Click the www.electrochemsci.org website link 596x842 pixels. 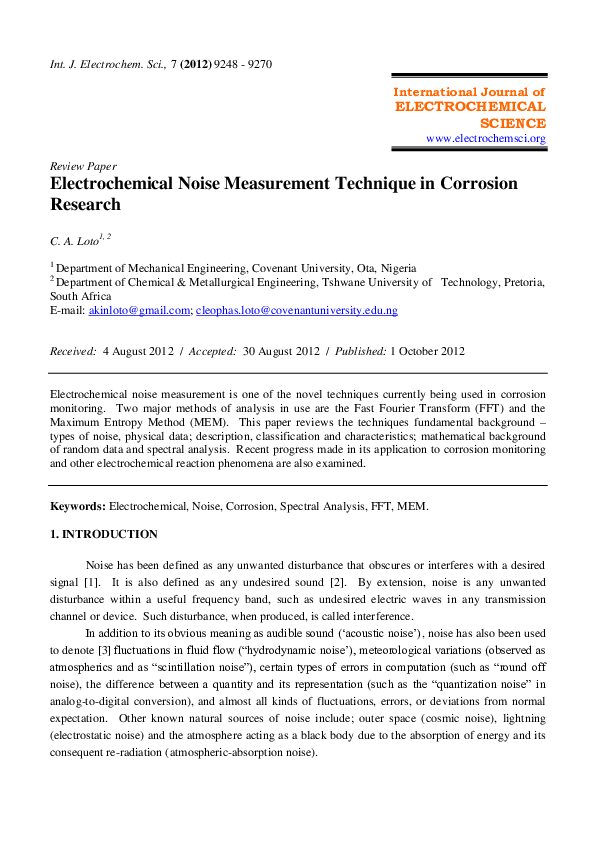tap(486, 138)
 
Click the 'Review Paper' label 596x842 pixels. tap(83, 166)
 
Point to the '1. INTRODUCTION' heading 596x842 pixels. tap(104, 534)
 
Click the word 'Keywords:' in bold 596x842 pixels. tap(78, 507)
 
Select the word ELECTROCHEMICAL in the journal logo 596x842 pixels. tap(471, 106)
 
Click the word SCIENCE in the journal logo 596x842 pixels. tap(512, 122)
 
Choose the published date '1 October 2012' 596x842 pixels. tap(427, 351)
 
